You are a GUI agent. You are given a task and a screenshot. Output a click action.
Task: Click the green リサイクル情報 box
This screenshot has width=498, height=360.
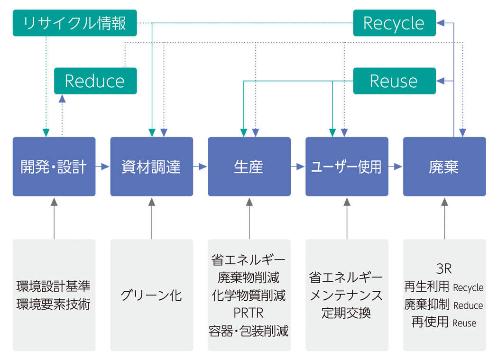point(74,23)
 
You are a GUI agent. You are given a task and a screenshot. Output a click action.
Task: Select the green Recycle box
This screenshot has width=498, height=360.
point(394,23)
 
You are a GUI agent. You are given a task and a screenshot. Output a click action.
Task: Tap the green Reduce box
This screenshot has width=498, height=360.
point(95,81)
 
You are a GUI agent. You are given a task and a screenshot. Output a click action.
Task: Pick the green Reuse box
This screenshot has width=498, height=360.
point(394,81)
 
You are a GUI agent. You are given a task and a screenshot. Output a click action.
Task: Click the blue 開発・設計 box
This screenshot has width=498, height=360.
point(54,166)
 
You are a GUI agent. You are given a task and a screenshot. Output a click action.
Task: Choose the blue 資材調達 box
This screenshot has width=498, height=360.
point(152,166)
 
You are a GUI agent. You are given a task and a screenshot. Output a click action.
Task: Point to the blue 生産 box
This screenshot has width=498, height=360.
point(249,166)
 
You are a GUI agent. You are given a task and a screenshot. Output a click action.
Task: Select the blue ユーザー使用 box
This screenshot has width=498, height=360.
point(347,166)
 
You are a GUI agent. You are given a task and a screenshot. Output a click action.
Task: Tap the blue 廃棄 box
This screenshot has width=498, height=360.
point(444,166)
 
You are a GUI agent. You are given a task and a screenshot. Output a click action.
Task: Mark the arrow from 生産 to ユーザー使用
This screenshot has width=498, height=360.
point(298,166)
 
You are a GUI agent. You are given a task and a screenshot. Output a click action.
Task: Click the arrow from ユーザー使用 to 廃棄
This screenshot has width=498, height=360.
point(396,166)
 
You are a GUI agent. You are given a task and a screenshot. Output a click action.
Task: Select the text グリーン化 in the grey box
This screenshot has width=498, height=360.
point(151,295)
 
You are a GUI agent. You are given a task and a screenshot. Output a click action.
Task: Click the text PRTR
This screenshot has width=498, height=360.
point(249,313)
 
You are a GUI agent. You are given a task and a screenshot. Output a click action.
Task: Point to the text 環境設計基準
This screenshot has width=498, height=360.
point(54,286)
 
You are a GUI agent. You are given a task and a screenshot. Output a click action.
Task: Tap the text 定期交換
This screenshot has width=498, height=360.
point(346,313)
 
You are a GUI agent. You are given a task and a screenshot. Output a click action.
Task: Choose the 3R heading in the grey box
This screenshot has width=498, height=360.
point(444,269)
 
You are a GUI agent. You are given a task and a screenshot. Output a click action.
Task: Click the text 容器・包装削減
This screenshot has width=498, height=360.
point(249,331)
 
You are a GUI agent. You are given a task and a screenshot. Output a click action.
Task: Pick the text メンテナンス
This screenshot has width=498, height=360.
point(346,295)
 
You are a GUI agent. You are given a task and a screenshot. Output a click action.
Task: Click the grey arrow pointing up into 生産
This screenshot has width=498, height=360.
point(249,218)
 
